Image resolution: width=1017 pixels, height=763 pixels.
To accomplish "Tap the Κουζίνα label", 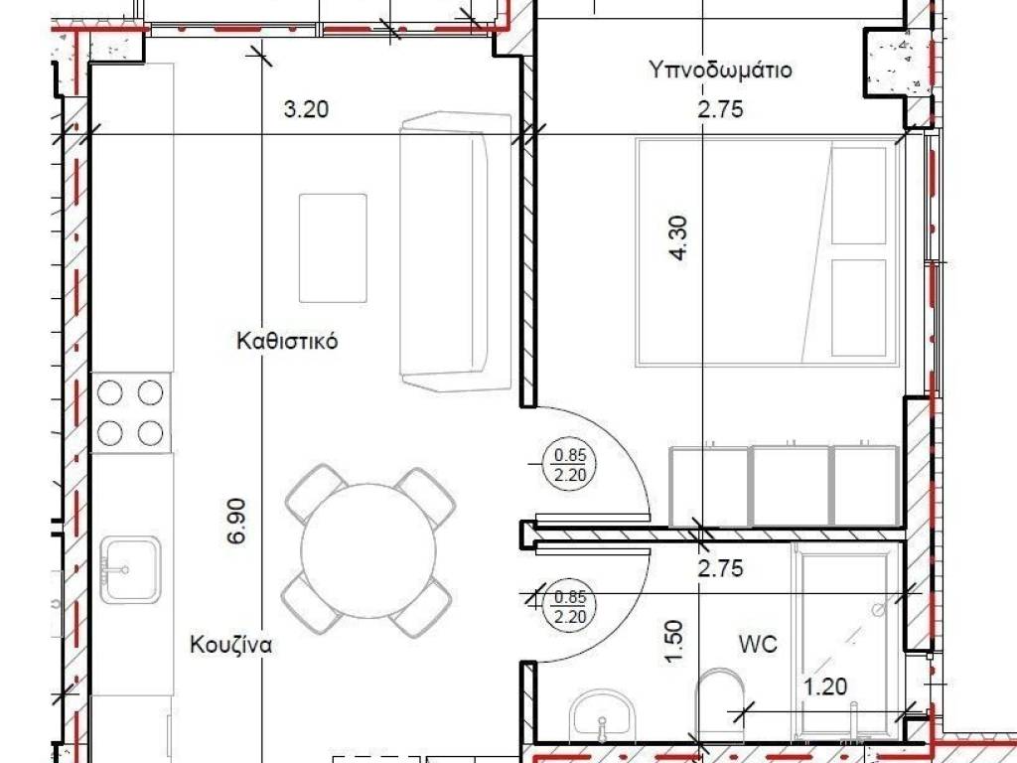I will [x=230, y=644].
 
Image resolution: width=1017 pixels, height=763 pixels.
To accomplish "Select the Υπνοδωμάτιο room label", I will [x=720, y=71].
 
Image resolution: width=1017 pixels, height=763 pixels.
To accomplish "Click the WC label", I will [x=757, y=644].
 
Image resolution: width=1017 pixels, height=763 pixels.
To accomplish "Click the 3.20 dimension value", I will [x=306, y=110].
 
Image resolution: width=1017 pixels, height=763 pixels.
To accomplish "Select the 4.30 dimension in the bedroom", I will [x=679, y=238].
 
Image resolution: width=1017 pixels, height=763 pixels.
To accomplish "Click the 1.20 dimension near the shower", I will [x=823, y=687].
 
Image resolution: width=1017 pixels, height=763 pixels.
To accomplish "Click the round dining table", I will [x=369, y=549].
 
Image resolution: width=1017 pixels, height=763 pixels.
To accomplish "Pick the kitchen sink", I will [x=130, y=569].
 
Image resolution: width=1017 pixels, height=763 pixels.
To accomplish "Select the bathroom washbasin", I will [x=603, y=713].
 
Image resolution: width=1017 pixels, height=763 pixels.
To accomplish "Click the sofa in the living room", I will [x=457, y=250].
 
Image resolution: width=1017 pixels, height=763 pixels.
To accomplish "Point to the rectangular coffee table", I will [x=334, y=247].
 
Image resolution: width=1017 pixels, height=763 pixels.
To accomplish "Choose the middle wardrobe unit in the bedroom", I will [x=791, y=486].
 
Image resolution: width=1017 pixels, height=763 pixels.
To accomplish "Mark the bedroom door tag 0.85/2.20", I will [x=570, y=465].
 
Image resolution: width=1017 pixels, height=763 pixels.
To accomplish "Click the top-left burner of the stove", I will [x=112, y=392].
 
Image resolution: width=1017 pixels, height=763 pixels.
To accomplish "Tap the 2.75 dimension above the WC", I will [x=720, y=569].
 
